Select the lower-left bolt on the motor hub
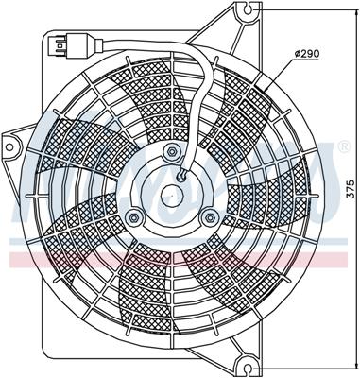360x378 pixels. (134, 218)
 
